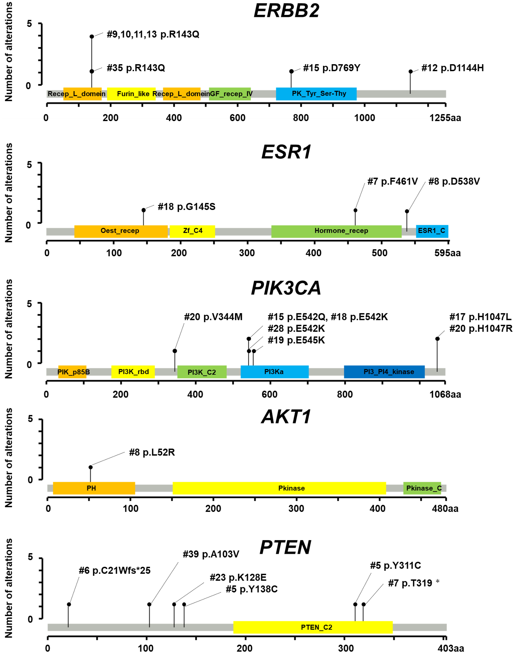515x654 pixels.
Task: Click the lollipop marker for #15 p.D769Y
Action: pos(291,71)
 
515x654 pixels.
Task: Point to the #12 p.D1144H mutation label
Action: pos(453,68)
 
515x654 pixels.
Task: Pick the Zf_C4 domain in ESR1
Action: pos(192,231)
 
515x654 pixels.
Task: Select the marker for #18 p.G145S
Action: pos(144,210)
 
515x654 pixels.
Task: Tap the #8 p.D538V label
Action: pos(454,182)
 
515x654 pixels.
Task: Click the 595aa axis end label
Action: pos(447,253)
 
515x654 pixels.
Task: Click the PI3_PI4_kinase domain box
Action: pos(384,372)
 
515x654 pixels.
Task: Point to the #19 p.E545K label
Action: pos(296,340)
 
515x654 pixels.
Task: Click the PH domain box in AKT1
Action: pos(94,488)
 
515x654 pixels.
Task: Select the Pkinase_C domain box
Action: pos(422,488)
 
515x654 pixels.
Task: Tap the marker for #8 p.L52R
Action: pos(90,467)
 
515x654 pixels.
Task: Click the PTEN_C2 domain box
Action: pos(313,627)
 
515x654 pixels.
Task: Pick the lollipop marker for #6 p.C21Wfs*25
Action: pos(69,604)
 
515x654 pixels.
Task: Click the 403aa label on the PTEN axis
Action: pos(451,648)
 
